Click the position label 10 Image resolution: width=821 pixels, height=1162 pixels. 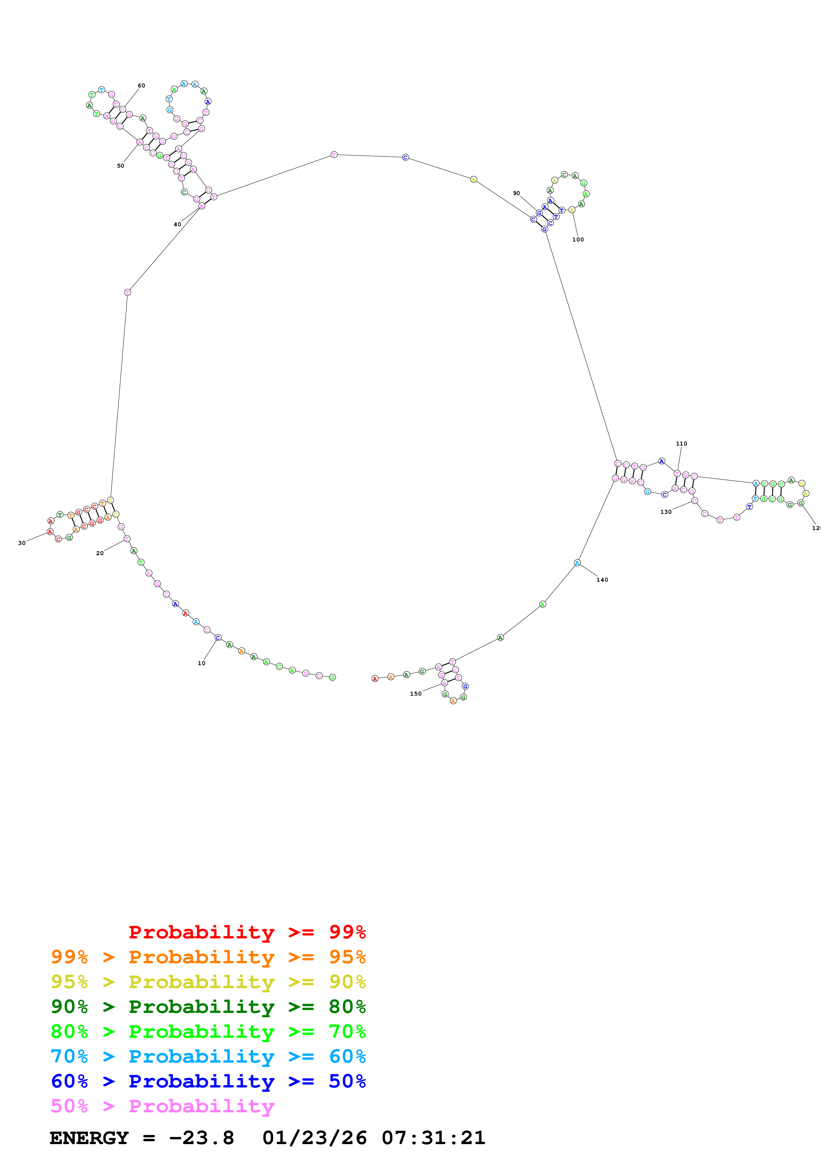(201, 663)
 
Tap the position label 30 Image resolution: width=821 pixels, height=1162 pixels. (22, 543)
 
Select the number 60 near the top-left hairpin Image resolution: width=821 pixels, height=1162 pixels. (142, 85)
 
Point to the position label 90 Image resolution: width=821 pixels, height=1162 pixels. (516, 193)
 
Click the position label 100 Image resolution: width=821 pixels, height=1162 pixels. (578, 240)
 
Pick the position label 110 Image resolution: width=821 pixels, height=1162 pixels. (681, 444)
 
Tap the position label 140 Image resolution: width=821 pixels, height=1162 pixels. (602, 580)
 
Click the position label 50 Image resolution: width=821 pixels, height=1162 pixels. (121, 166)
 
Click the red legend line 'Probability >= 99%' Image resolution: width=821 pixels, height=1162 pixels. (247, 932)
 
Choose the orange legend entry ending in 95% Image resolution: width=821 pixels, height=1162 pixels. (208, 957)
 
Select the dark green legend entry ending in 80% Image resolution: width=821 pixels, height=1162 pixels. (208, 1007)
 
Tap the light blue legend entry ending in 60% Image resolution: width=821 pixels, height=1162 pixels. (208, 1056)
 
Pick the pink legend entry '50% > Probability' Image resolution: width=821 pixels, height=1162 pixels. (162, 1106)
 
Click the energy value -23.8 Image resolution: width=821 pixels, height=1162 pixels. (201, 1138)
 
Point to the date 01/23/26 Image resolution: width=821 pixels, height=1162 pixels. (314, 1138)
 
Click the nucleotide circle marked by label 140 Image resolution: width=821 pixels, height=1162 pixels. (577, 563)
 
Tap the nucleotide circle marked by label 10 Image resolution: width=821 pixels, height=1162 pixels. (218, 637)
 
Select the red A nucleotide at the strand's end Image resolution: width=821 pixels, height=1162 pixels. (375, 679)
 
